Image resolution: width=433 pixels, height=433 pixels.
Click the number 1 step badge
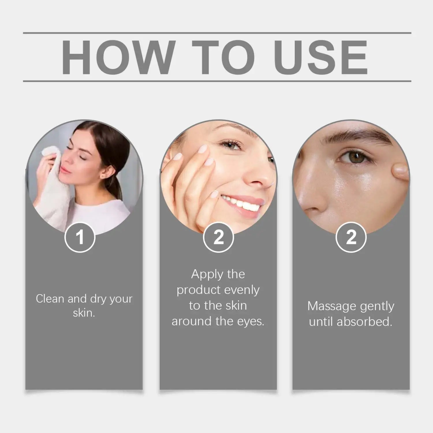click(x=80, y=237)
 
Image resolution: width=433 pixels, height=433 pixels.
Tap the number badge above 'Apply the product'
click(x=219, y=237)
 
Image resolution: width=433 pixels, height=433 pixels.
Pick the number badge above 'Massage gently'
click(x=351, y=237)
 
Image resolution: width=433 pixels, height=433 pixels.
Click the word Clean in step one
click(x=50, y=299)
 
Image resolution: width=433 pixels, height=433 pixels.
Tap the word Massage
click(x=328, y=306)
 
